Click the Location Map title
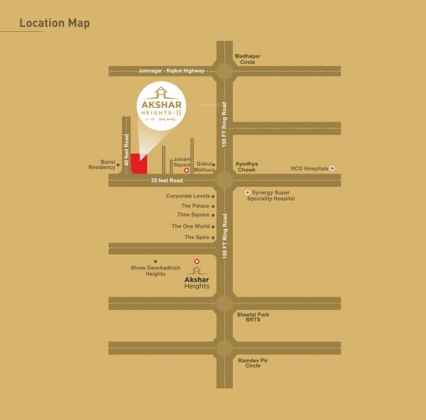pos(55,23)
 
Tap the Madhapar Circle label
pos(248,59)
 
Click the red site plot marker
pos(139,164)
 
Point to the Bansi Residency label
pos(102,164)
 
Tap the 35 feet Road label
pos(167,181)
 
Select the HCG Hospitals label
pos(310,168)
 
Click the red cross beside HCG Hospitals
pos(332,168)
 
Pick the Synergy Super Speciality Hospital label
pos(271,195)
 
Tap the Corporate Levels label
pos(187,196)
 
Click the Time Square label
pos(193,215)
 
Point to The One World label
pos(190,226)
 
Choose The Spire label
pos(197,237)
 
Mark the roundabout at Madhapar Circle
pos(224,70)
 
